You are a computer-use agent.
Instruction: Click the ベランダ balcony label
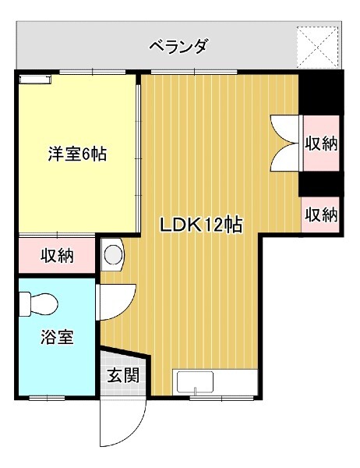[178, 47]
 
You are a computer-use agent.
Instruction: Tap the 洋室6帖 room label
[77, 154]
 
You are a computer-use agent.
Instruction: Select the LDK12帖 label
[202, 225]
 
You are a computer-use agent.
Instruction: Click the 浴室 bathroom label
[57, 336]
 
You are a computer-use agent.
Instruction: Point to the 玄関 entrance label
[123, 375]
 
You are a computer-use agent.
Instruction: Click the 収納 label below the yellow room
[57, 256]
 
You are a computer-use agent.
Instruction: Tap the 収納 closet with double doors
[321, 144]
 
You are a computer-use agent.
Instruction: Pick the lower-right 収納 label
[321, 214]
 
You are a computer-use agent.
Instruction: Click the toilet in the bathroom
[38, 304]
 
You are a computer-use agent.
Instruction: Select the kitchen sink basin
[195, 382]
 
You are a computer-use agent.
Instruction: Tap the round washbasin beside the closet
[113, 255]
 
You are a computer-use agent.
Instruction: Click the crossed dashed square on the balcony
[318, 47]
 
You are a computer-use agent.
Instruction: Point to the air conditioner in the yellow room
[35, 79]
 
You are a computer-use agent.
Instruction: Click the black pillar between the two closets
[321, 184]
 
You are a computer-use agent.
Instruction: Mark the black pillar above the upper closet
[321, 93]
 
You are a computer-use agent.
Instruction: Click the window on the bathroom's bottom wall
[47, 398]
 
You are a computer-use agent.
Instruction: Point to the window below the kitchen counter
[221, 398]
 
